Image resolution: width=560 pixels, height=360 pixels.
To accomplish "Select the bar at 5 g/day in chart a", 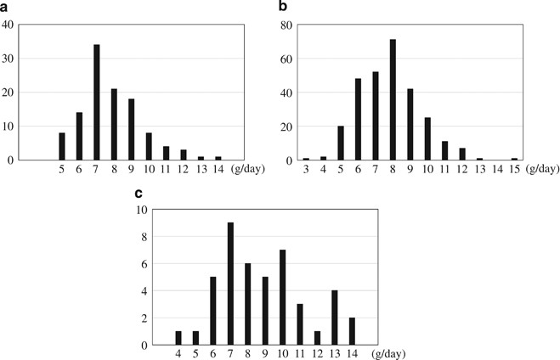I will click(x=62, y=146).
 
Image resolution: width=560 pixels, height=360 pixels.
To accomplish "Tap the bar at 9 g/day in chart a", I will click(x=132, y=129).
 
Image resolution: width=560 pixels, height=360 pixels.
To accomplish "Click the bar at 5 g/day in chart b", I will click(x=342, y=142).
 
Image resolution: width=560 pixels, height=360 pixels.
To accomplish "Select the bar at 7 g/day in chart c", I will click(x=230, y=284).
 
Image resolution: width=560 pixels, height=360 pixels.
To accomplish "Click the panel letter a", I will click(x=6, y=7).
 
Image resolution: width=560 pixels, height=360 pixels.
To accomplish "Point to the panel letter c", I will click(x=139, y=193).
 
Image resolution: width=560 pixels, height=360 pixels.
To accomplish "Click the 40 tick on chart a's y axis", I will click(x=8, y=25).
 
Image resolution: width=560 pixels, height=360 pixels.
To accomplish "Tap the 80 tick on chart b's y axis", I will click(x=288, y=25).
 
